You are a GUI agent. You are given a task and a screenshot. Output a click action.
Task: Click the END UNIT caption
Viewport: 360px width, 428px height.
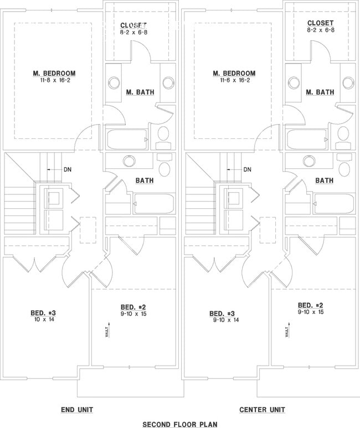coord(76,410)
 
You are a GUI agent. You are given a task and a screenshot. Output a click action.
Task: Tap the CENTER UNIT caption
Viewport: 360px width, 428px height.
coord(262,410)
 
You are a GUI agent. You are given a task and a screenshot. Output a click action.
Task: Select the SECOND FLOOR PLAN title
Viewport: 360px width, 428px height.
coord(179,424)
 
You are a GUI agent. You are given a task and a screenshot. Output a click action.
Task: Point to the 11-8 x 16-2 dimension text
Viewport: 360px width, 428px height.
coord(54,80)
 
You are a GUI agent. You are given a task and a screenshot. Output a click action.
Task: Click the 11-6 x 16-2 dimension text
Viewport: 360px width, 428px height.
coord(234,80)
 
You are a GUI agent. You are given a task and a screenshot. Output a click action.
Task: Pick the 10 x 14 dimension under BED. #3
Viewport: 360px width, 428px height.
coord(43,320)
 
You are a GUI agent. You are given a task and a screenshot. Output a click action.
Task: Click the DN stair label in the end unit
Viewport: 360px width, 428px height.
coord(67,169)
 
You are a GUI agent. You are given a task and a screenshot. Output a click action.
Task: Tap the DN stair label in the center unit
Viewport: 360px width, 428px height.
coord(247,169)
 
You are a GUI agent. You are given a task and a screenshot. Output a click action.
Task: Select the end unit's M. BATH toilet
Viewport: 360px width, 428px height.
coord(164,134)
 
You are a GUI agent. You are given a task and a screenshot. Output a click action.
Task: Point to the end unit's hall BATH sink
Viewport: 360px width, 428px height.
coord(128,161)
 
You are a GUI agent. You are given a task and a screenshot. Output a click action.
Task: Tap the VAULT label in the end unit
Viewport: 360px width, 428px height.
coord(107,332)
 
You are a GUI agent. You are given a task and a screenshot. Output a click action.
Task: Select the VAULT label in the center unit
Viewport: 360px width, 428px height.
coord(287,332)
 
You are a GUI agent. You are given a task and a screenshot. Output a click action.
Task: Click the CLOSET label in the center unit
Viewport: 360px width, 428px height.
coord(321,23)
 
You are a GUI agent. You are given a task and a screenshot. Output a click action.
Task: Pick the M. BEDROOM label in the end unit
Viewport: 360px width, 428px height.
coord(54,73)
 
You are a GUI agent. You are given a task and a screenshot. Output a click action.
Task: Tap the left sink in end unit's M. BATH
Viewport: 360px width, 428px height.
coord(114,82)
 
